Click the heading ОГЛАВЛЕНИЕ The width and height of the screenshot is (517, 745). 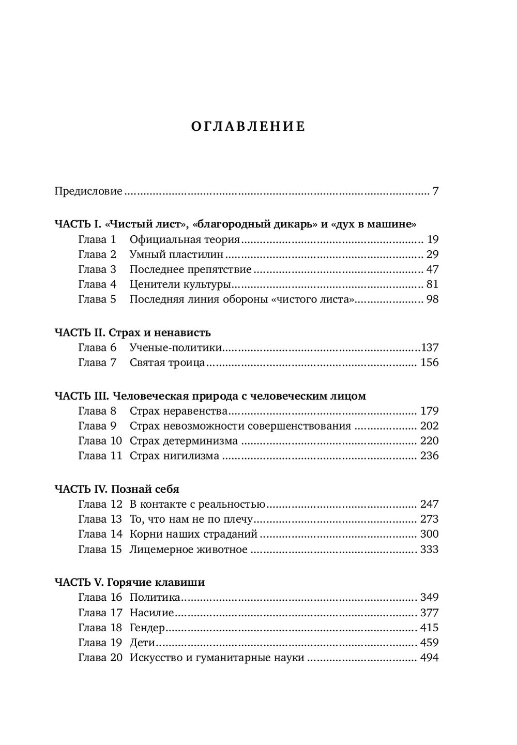[x=248, y=127]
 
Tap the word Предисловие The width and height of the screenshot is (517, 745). [x=88, y=191]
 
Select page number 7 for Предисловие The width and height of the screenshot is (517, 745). [x=435, y=191]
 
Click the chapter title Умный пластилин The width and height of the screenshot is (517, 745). [x=177, y=254]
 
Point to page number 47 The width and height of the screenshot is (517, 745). [x=432, y=269]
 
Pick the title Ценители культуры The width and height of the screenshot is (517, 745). [x=180, y=284]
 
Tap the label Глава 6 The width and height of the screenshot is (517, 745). [x=97, y=347]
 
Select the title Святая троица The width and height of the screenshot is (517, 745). [x=168, y=362]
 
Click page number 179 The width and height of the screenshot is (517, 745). [x=430, y=411]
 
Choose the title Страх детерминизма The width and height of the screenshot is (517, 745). [x=184, y=441]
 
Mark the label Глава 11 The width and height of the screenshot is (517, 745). [x=100, y=456]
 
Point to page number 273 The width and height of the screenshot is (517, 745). [x=430, y=519]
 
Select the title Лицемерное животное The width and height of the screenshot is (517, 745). [x=189, y=549]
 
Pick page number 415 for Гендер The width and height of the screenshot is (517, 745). [x=430, y=628]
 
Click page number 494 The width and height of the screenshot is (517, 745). [x=430, y=658]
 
